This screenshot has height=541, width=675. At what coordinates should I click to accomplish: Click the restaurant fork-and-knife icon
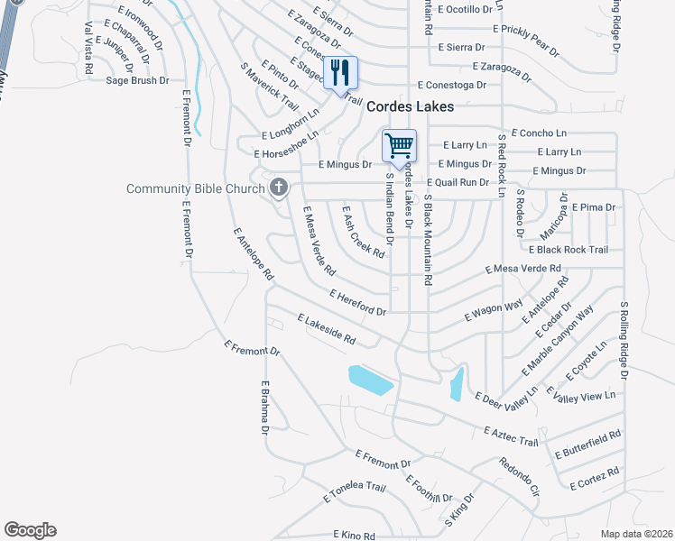click(x=340, y=72)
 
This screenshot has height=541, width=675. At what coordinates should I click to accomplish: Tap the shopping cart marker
click(x=398, y=145)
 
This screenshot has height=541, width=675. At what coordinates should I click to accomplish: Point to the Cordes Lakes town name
click(x=409, y=106)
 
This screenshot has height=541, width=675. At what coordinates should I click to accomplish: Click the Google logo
click(x=30, y=530)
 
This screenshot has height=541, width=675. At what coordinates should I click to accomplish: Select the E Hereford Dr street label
click(x=358, y=303)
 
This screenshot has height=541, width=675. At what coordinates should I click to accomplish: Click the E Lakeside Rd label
click(x=326, y=329)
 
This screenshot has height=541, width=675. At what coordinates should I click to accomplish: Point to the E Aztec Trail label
click(x=511, y=436)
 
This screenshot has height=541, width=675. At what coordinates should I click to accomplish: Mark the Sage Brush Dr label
click(x=137, y=80)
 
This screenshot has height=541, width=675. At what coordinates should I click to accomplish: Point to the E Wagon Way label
click(x=494, y=311)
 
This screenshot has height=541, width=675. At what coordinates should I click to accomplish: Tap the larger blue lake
click(x=371, y=380)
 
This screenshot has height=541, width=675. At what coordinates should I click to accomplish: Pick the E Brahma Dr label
click(x=265, y=406)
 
